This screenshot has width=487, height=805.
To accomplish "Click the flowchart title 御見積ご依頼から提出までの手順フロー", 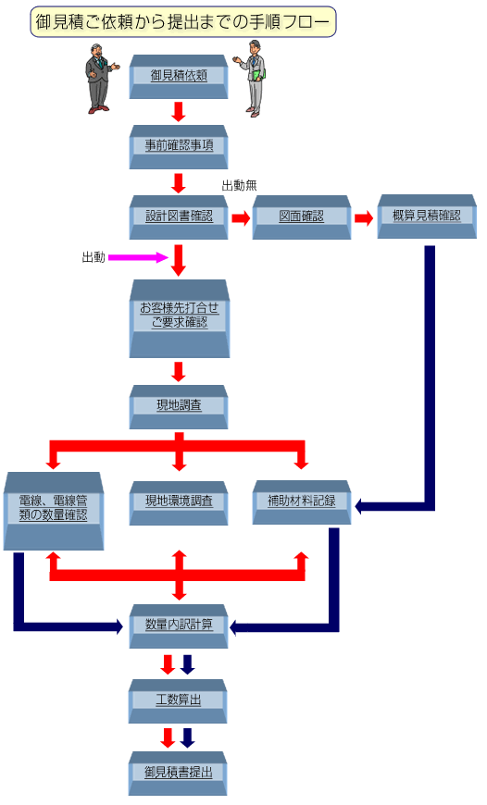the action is [x=183, y=21].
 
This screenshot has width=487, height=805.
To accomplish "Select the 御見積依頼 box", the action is [x=179, y=77].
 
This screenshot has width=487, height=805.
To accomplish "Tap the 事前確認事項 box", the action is [x=179, y=147].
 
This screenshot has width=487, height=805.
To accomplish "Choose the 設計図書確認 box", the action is [x=179, y=217].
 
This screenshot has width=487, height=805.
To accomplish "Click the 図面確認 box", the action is [x=302, y=217].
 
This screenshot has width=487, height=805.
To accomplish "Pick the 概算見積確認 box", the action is [x=427, y=217].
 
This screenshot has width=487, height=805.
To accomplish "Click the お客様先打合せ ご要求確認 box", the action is [x=180, y=319].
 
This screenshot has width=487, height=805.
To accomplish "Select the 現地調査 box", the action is [x=179, y=407].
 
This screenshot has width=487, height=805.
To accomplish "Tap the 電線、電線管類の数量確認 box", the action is [x=54, y=512].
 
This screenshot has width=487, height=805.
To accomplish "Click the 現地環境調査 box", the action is [x=179, y=503].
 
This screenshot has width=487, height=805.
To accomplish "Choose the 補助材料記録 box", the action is [x=302, y=502].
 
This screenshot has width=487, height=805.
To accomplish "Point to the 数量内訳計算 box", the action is [x=179, y=626].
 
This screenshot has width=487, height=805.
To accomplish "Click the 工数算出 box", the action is [x=178, y=701].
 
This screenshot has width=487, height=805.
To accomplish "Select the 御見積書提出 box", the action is [x=178, y=774].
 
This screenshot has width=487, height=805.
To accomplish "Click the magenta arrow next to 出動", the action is [x=138, y=257].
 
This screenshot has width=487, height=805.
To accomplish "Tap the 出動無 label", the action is [x=239, y=185].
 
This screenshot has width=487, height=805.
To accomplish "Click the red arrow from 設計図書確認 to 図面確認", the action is [x=241, y=218].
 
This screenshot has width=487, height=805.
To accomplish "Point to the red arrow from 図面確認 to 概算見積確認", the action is [x=364, y=218].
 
